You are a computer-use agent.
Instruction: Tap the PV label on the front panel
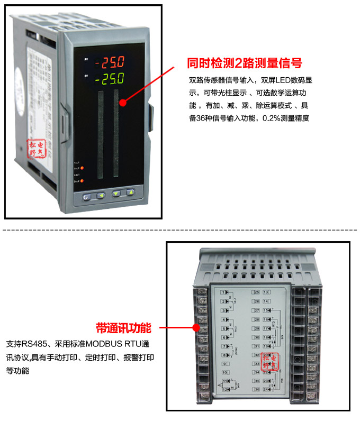coord(86,60)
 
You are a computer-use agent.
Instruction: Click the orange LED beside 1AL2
coord(82,168)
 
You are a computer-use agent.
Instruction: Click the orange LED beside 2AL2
coord(82,181)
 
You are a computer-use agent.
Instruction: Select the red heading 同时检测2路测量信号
coord(245,63)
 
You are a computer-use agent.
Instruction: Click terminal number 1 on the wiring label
coord(224,292)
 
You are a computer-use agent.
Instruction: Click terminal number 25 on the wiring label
coord(256,292)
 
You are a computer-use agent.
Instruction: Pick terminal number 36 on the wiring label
coord(256,390)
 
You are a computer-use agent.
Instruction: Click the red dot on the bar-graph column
coord(123,100)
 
